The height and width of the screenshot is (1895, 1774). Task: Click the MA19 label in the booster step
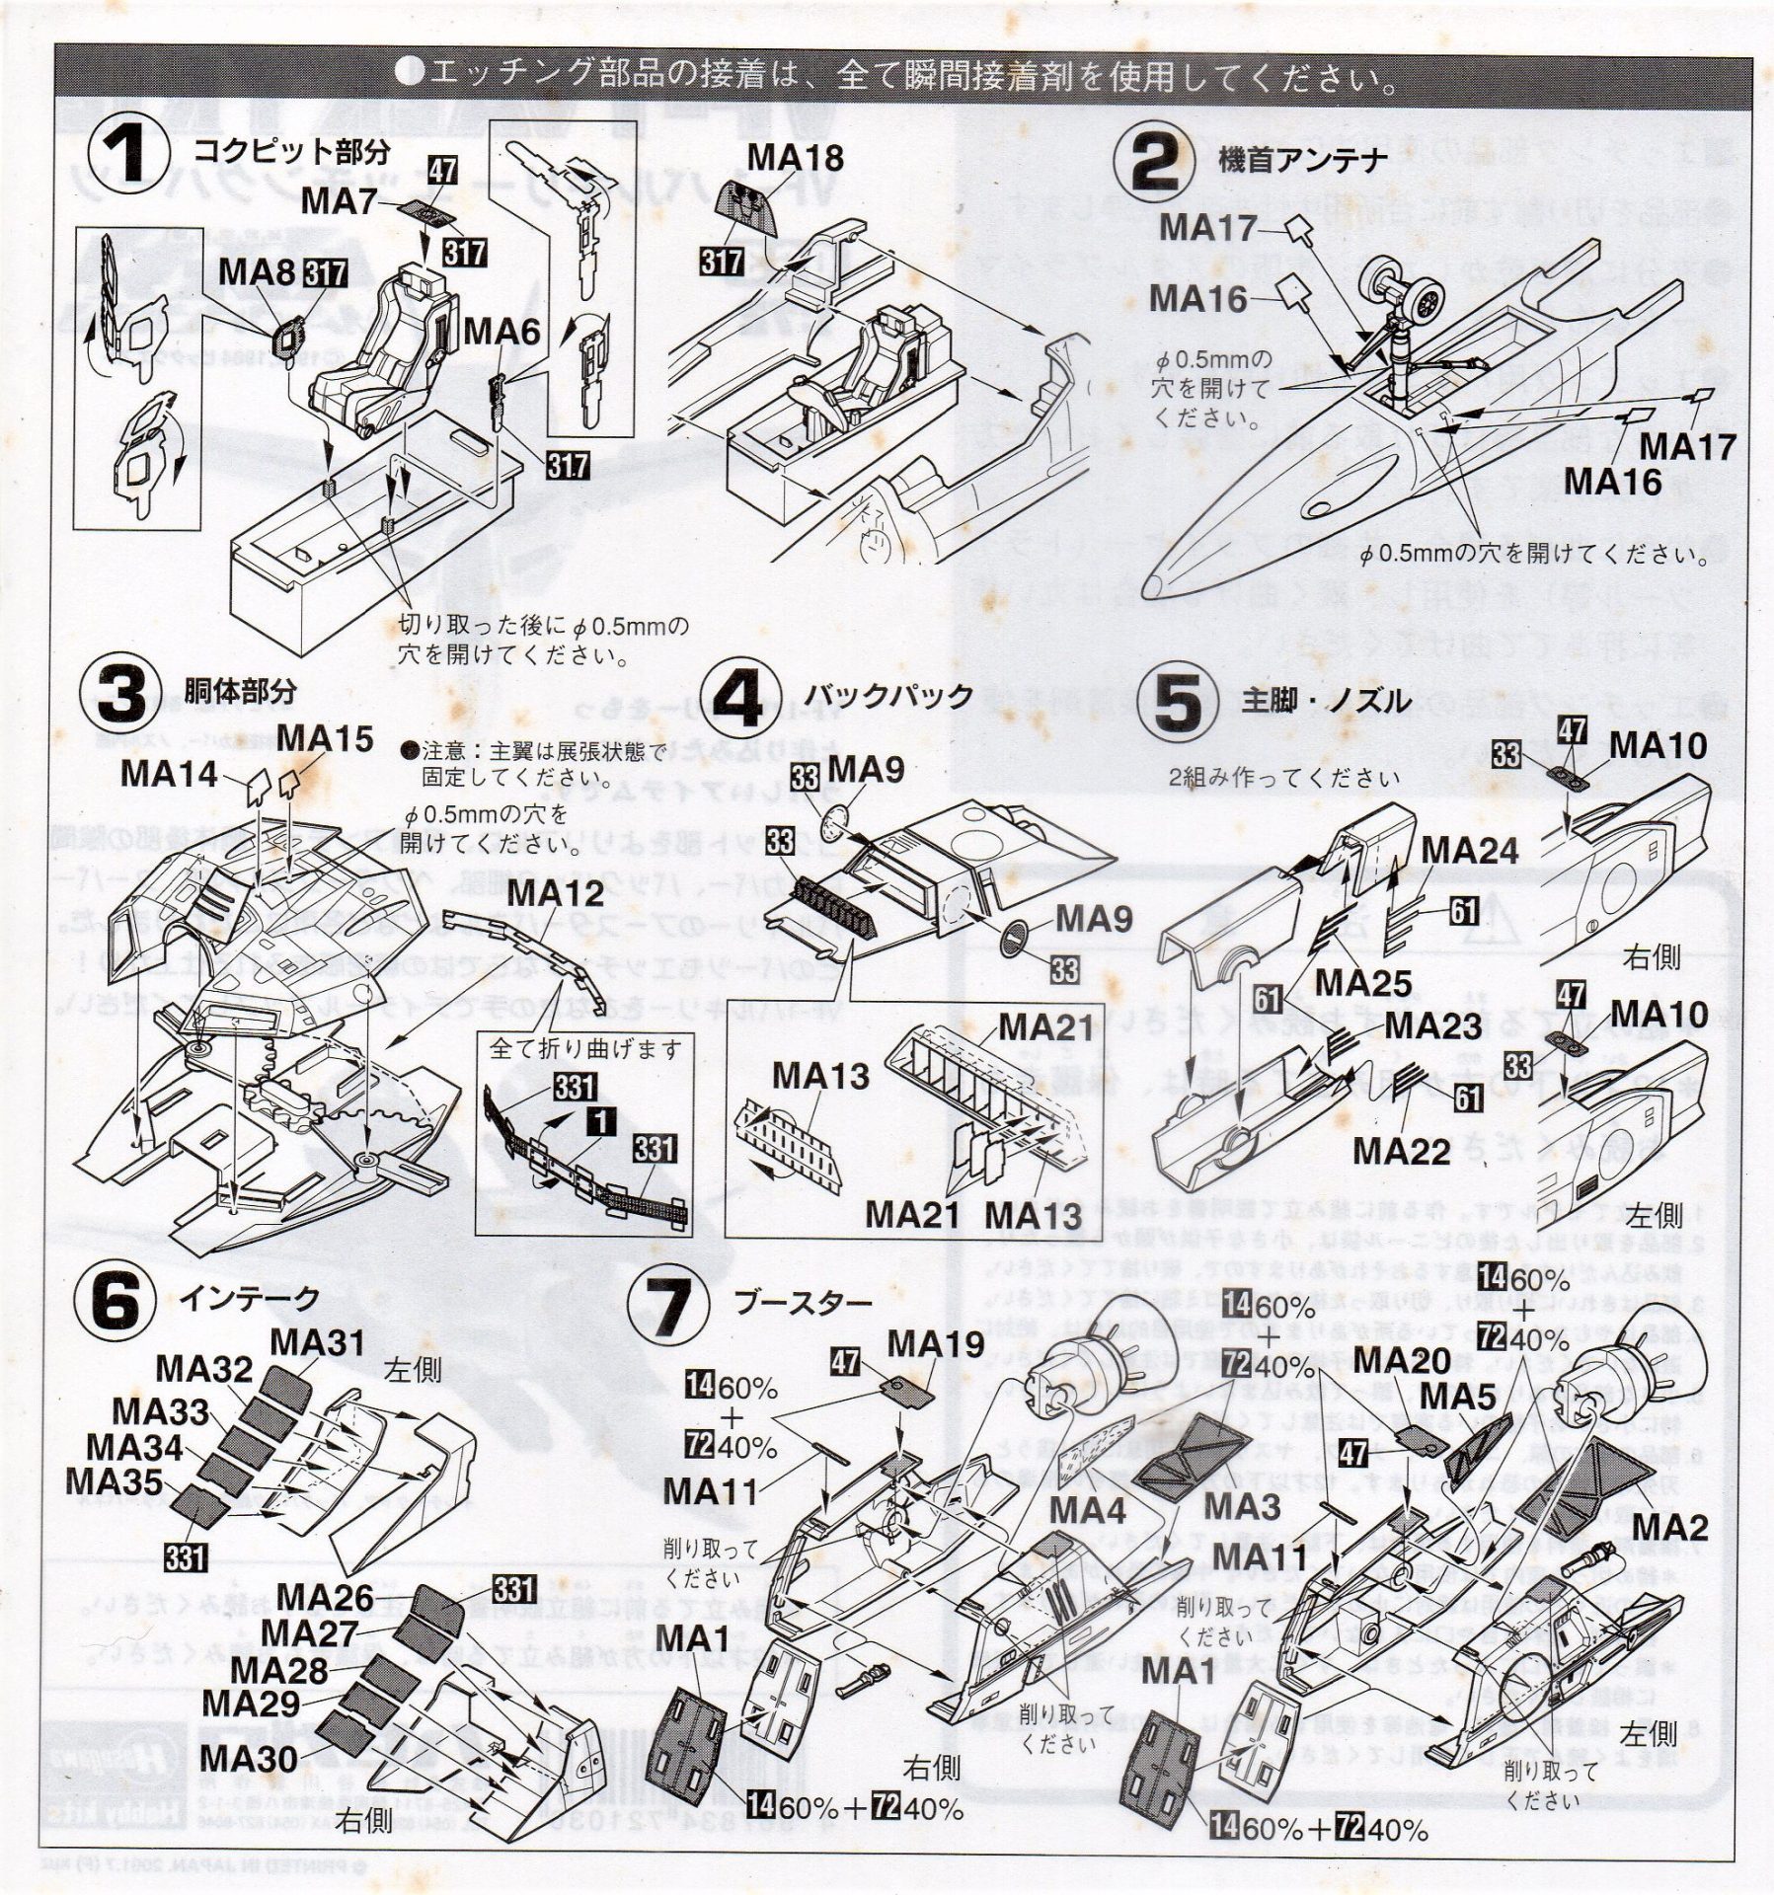pyautogui.click(x=935, y=1343)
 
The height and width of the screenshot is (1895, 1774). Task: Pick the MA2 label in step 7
pyautogui.click(x=1669, y=1529)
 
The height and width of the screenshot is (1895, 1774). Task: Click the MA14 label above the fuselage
pyautogui.click(x=169, y=774)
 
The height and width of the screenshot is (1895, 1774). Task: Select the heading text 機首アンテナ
pyautogui.click(x=1289, y=161)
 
